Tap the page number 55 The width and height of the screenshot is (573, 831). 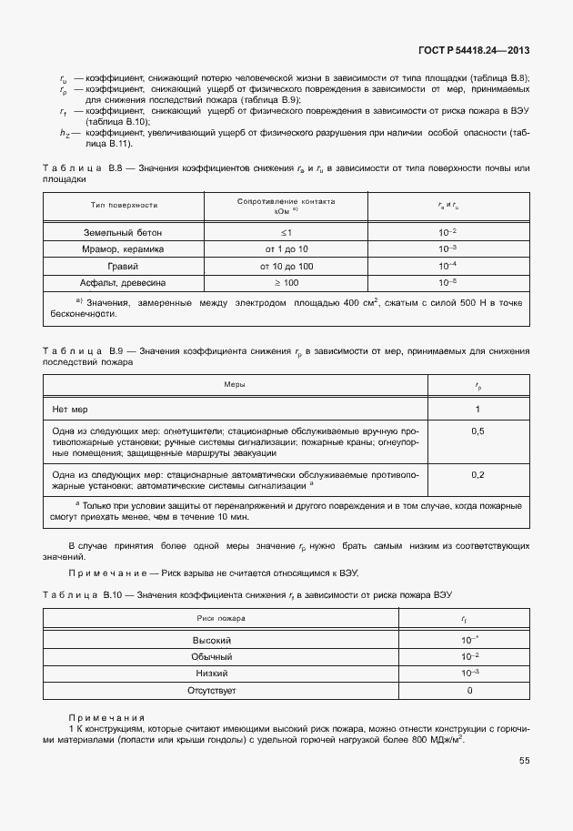tap(524, 760)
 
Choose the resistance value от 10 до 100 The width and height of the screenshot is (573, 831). tap(286, 266)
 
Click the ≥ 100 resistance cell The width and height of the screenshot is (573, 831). tap(286, 282)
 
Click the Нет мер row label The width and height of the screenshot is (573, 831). tap(73, 410)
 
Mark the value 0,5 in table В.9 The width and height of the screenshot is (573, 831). tap(477, 431)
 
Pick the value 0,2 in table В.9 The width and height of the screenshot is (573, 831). tap(477, 475)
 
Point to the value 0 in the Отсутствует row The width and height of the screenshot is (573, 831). tap(468, 691)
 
